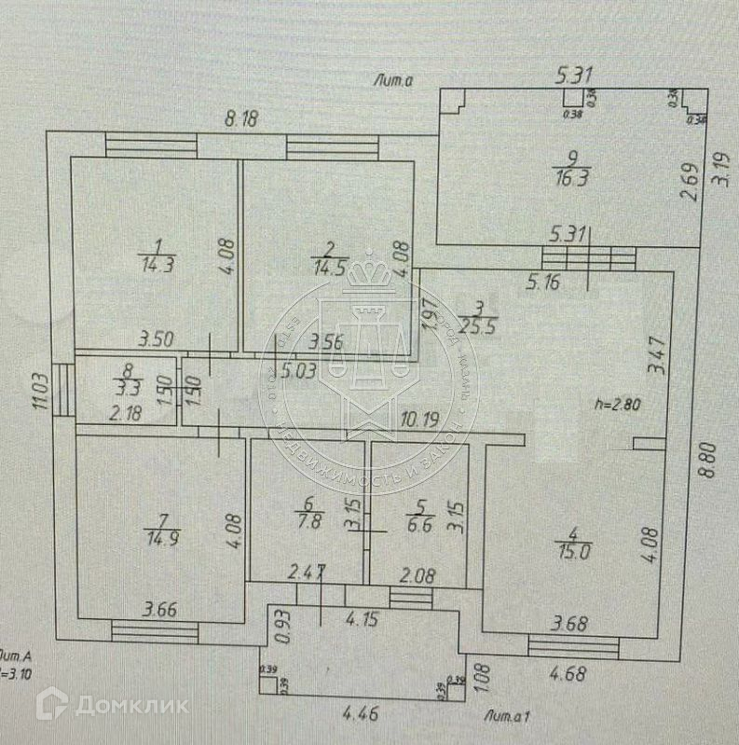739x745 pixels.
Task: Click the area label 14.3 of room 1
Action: [157, 264]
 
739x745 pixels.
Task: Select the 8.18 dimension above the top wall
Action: [242, 118]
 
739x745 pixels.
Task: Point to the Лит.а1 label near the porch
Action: [508, 716]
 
